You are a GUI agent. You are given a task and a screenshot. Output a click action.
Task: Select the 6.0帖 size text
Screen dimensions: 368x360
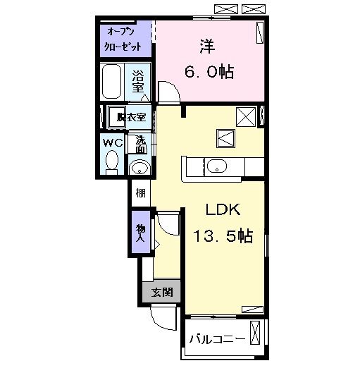point(210,71)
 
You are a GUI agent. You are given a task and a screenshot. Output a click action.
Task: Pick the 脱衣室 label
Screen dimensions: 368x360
point(132,116)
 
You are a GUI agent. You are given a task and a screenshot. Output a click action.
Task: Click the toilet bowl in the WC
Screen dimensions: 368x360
point(111,162)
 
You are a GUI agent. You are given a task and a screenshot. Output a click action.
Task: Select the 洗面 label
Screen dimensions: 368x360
point(141,144)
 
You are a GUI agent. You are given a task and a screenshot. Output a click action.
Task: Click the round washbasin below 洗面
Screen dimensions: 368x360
point(140,167)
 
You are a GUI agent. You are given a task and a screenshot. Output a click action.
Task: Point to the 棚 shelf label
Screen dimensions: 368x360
point(140,192)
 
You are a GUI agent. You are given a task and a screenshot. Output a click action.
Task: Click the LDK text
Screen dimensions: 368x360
point(223,209)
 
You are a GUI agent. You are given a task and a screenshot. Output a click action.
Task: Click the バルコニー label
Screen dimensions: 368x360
point(216,339)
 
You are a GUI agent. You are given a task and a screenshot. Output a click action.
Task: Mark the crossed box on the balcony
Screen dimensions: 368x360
point(255,333)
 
